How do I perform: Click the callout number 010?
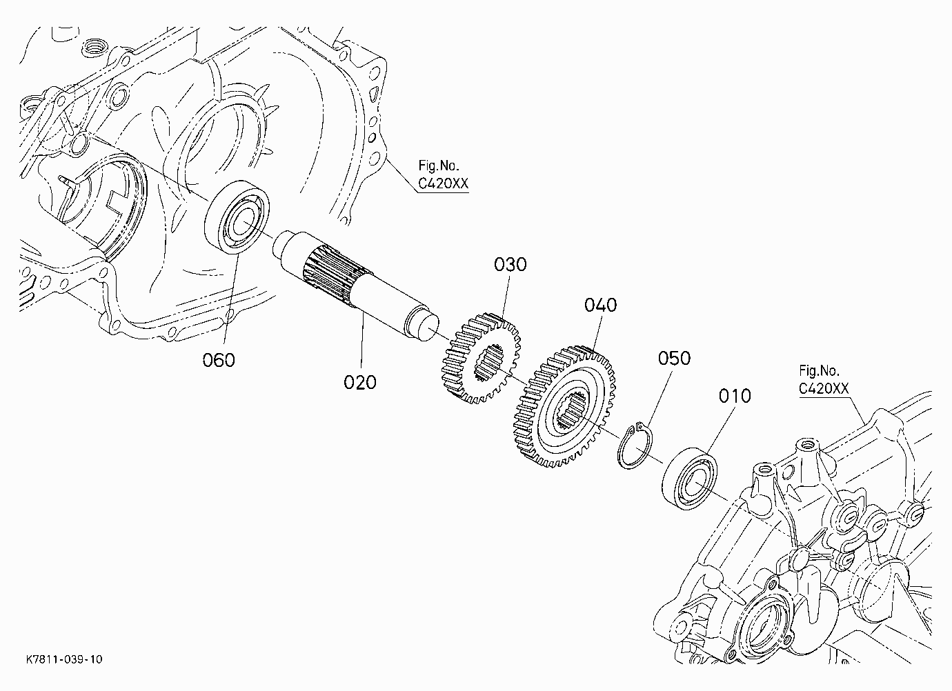(x=735, y=396)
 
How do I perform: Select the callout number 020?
(x=360, y=383)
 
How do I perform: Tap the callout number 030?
(x=510, y=264)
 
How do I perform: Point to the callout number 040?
(x=601, y=305)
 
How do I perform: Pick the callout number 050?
(x=674, y=358)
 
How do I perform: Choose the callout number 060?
(x=219, y=361)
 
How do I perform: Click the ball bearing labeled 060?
(x=237, y=217)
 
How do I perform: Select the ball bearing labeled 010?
(x=690, y=478)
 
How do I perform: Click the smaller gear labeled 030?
(x=482, y=359)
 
